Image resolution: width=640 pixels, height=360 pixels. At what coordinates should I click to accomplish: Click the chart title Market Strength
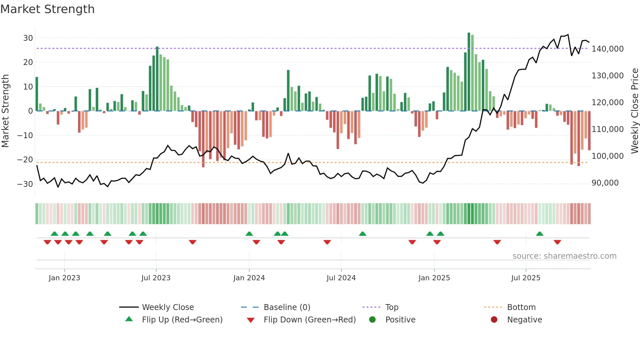(x=47, y=9)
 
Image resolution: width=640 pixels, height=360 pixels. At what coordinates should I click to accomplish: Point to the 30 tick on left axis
(x=28, y=38)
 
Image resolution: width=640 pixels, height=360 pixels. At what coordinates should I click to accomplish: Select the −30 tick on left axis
(x=25, y=184)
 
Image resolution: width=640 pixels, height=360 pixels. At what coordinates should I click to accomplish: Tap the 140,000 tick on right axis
(x=607, y=49)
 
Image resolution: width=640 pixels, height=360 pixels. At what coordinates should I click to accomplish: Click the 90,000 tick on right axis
(x=605, y=183)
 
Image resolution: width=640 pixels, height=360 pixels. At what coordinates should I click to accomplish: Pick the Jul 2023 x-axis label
(x=156, y=278)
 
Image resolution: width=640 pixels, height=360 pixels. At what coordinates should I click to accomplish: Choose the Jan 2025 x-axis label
(x=434, y=278)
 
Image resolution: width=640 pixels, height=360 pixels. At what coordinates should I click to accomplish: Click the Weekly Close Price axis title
(x=634, y=111)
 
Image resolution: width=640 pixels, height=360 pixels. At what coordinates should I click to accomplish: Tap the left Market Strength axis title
(x=5, y=111)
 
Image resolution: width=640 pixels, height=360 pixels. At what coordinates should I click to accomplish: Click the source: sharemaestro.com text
(x=564, y=256)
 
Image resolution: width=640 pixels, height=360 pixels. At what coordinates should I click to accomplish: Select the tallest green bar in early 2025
(x=469, y=72)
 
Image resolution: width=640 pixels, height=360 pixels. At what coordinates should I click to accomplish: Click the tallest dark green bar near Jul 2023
(x=157, y=79)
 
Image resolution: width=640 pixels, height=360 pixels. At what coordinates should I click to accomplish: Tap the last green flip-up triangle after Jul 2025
(x=539, y=234)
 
